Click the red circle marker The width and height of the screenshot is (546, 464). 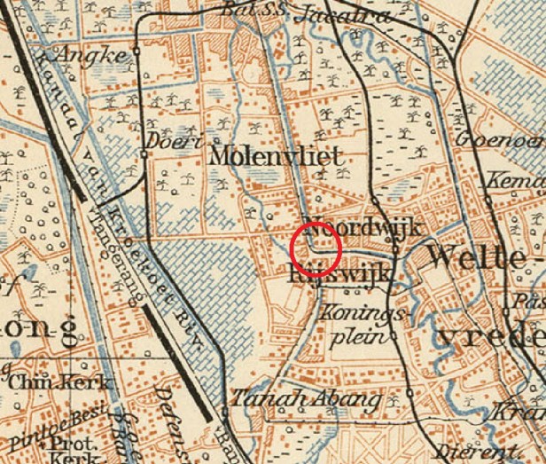click(316, 248)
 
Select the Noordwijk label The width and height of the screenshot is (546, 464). click(361, 227)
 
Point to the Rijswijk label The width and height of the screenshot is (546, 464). click(339, 274)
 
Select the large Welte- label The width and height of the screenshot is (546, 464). click(484, 256)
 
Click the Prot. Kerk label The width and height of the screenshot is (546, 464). click(73, 449)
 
